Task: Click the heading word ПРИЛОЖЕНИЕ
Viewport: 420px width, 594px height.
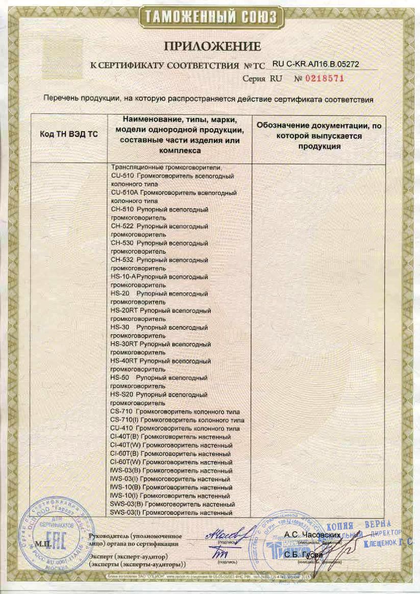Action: [212, 47]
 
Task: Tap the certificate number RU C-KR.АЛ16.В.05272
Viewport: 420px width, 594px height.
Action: [317, 65]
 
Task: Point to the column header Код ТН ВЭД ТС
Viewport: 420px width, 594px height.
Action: [68, 134]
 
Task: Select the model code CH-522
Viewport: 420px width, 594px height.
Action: [122, 226]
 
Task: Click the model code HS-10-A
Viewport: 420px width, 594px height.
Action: [123, 276]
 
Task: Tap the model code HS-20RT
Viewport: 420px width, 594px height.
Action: [124, 310]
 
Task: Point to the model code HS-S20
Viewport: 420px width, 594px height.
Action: [122, 395]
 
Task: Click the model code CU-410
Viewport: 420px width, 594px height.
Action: [122, 428]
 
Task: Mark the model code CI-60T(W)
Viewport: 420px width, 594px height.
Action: [126, 462]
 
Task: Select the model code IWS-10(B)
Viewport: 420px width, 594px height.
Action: [126, 487]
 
